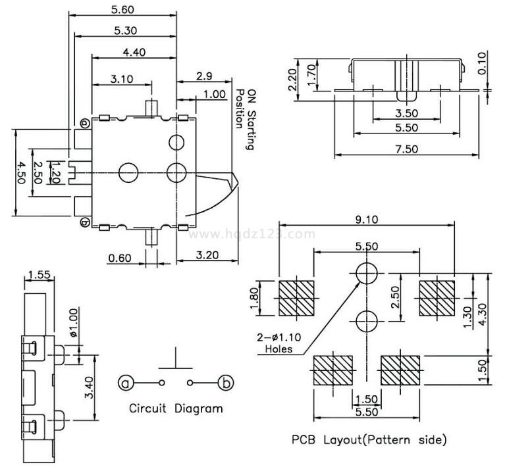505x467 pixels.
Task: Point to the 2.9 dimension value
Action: (203, 76)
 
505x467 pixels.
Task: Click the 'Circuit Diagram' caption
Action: (176, 408)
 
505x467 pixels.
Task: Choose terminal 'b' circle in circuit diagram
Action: (226, 382)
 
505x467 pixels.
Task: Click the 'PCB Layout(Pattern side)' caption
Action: (369, 439)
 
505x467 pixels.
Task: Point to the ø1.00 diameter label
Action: (72, 322)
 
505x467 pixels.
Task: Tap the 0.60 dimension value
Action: (120, 257)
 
